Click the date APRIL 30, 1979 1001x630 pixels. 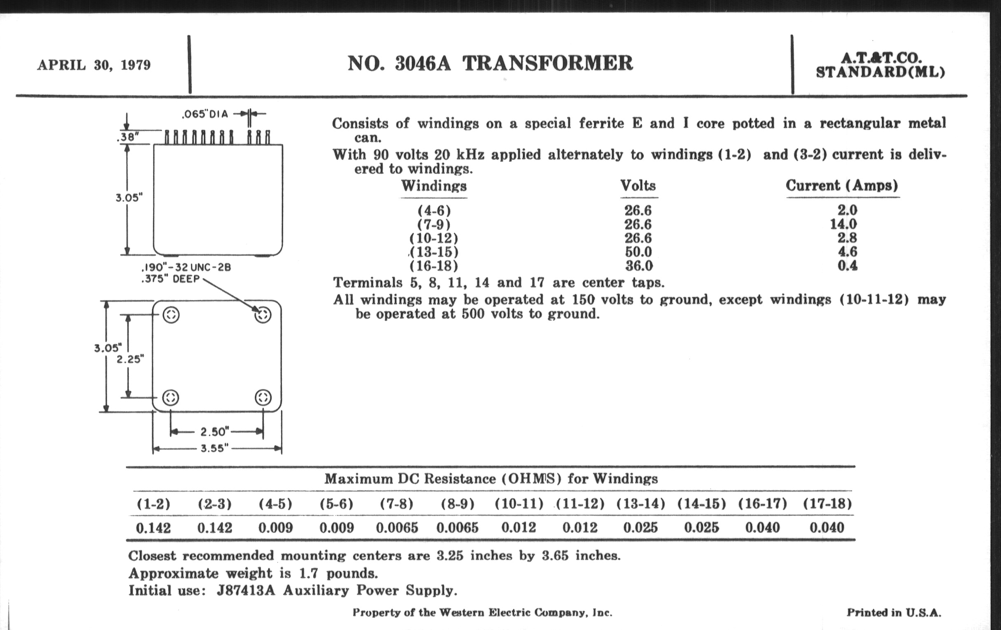pyautogui.click(x=94, y=65)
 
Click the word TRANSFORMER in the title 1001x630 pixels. pyautogui.click(x=547, y=63)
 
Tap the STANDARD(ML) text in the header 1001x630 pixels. pyautogui.click(x=880, y=72)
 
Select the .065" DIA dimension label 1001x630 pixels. pyautogui.click(x=205, y=114)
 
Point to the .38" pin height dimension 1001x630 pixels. pyautogui.click(x=128, y=137)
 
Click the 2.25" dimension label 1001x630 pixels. pyautogui.click(x=130, y=359)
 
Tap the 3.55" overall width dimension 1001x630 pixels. pyautogui.click(x=215, y=448)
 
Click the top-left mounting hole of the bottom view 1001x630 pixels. pyautogui.click(x=171, y=315)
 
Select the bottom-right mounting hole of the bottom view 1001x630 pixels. pyautogui.click(x=263, y=397)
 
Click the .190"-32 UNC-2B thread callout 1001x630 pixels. pyautogui.click(x=186, y=267)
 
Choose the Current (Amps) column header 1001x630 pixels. pyautogui.click(x=842, y=185)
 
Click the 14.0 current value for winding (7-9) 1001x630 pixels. pyautogui.click(x=843, y=224)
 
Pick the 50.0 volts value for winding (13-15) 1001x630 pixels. pyautogui.click(x=638, y=252)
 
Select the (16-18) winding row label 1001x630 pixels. pyautogui.click(x=433, y=266)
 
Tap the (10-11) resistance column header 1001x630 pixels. pyautogui.click(x=519, y=504)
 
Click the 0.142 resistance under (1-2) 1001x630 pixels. pyautogui.click(x=154, y=528)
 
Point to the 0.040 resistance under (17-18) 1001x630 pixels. pyautogui.click(x=827, y=528)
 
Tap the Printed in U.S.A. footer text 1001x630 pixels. pyautogui.click(x=894, y=613)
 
